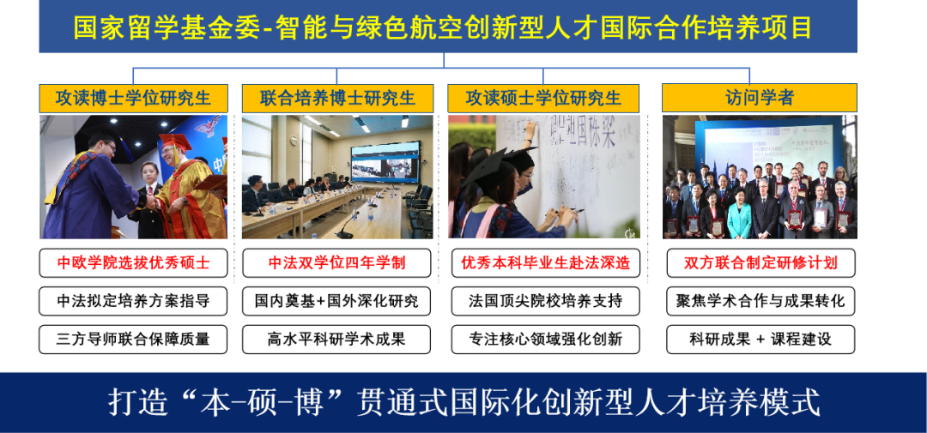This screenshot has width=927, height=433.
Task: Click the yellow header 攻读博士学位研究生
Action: pyautogui.click(x=133, y=98)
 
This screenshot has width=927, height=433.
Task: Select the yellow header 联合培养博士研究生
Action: pyautogui.click(x=337, y=98)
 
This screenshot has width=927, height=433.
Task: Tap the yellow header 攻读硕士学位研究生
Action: pyautogui.click(x=543, y=98)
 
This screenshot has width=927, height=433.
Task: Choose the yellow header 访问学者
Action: pyautogui.click(x=759, y=98)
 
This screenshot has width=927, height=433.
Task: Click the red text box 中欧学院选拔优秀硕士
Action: pyautogui.click(x=133, y=262)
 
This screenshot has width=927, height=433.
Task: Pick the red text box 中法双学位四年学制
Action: pyautogui.click(x=336, y=262)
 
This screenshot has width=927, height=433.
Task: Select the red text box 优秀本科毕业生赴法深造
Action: pyautogui.click(x=545, y=262)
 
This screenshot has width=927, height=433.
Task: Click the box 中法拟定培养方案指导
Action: pyautogui.click(x=133, y=301)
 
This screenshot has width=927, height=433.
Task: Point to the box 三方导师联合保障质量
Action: pyautogui.click(x=133, y=339)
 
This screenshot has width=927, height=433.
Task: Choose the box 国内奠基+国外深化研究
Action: pyautogui.click(x=336, y=301)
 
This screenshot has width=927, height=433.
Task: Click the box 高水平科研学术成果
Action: pyautogui.click(x=336, y=339)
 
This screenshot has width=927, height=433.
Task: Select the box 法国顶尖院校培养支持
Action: pyautogui.click(x=545, y=301)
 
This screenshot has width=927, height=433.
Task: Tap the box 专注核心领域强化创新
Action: pyautogui.click(x=545, y=339)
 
